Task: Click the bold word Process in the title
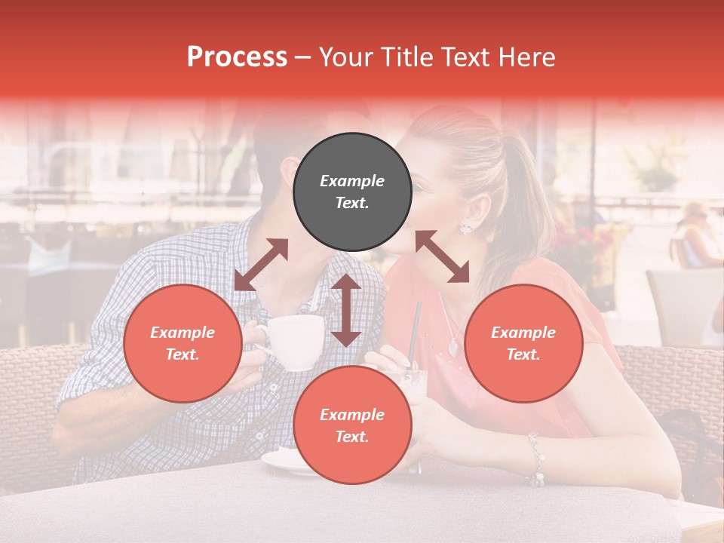click(237, 57)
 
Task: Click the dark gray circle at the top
click(352, 192)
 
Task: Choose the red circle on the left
click(183, 343)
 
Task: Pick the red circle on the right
click(523, 343)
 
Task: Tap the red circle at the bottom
click(352, 425)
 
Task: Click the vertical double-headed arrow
click(346, 310)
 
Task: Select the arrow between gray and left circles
click(261, 264)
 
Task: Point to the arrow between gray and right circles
click(442, 256)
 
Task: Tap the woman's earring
click(465, 227)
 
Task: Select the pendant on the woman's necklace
click(452, 348)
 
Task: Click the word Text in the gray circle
click(352, 203)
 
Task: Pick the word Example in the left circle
click(183, 333)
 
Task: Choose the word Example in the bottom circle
click(352, 415)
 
